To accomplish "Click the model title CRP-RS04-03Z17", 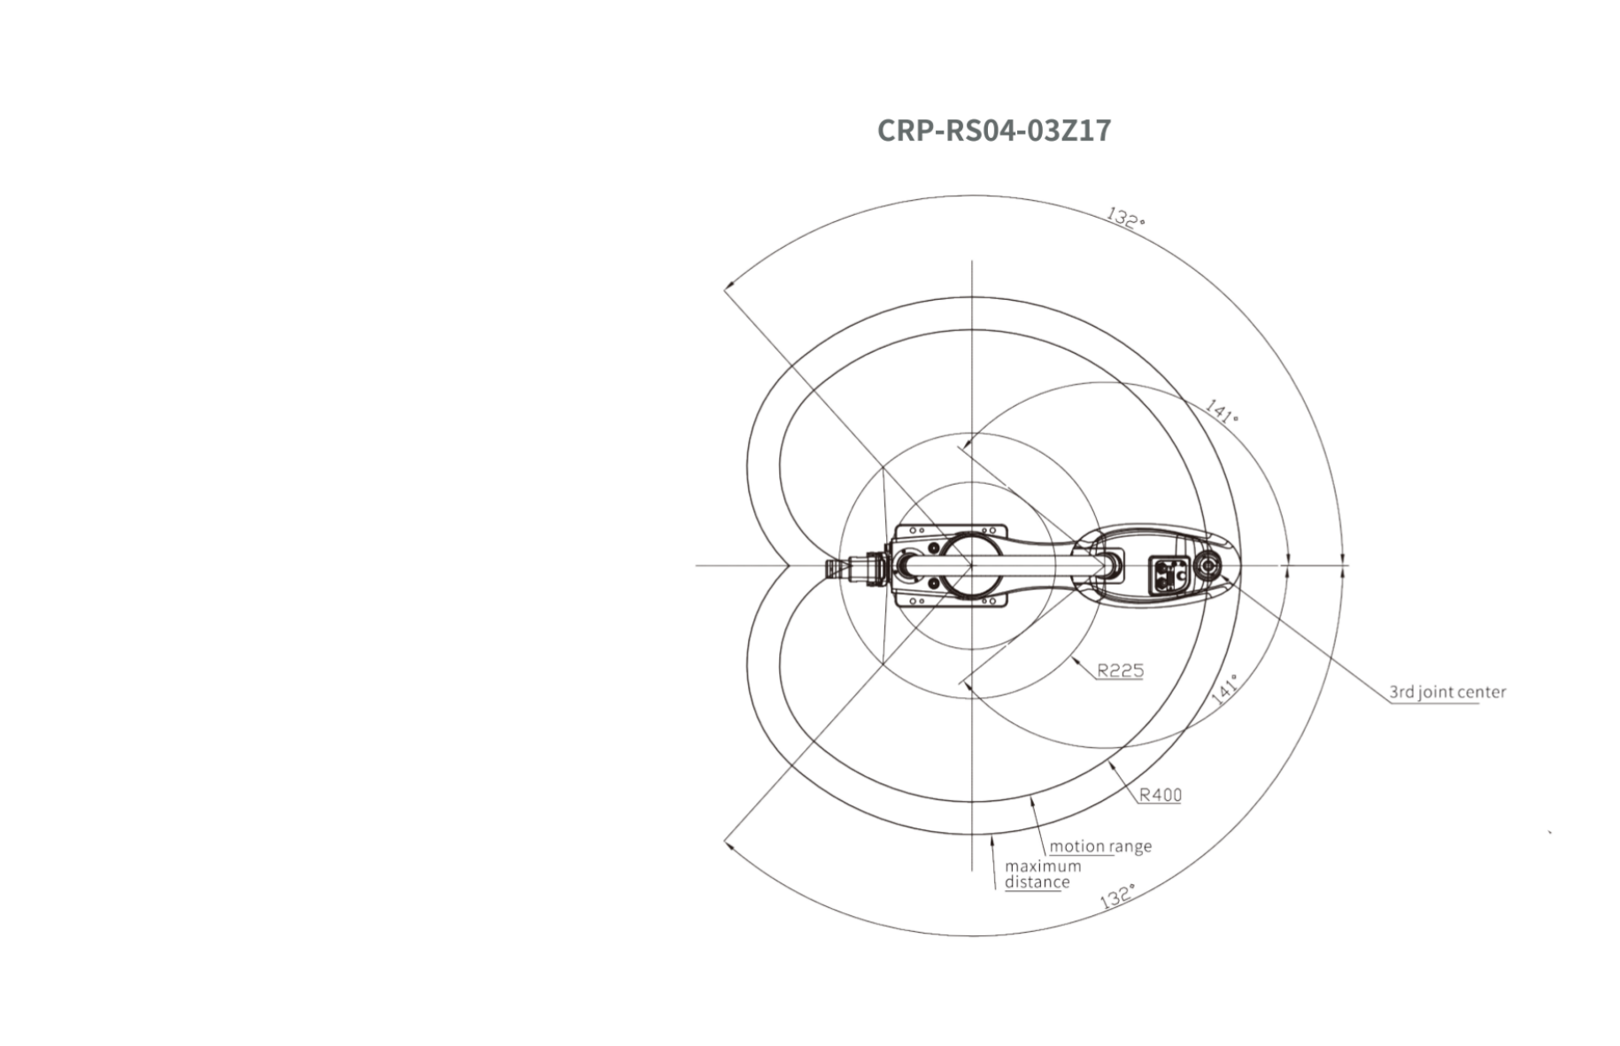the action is pyautogui.click(x=993, y=131).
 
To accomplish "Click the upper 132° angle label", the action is pyautogui.click(x=1126, y=218).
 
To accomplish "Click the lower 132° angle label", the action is pyautogui.click(x=1117, y=896).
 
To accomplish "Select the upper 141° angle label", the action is pyautogui.click(x=1223, y=411).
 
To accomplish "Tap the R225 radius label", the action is pyautogui.click(x=1121, y=671).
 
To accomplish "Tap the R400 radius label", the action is pyautogui.click(x=1160, y=795).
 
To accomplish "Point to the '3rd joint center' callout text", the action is pyautogui.click(x=1447, y=692).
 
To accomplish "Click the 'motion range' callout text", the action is pyautogui.click(x=1100, y=846).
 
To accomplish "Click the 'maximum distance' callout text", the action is pyautogui.click(x=1043, y=874).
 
